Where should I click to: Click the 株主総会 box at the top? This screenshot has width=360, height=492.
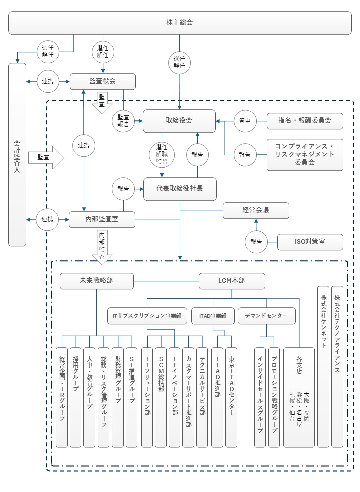point(179,23)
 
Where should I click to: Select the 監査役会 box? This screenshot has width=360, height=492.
point(102,81)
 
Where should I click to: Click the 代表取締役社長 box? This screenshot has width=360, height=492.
point(179,189)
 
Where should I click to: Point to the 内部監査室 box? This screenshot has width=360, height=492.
point(102,219)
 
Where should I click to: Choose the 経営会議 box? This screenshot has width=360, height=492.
point(255,211)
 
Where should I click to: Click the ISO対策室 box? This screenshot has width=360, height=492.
point(310,242)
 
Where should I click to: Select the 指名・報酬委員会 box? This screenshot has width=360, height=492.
point(305,121)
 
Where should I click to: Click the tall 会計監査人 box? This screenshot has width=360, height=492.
point(17,154)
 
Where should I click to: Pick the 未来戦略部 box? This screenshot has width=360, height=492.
point(96,281)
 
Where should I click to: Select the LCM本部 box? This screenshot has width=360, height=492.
point(231,281)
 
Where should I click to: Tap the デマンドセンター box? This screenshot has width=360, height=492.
point(266,316)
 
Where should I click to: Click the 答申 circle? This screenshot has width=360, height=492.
point(245,121)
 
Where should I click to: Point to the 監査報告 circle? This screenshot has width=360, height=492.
point(123,121)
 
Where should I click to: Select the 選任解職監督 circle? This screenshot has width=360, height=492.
point(161,154)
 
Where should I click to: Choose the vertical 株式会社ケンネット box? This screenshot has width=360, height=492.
point(323,366)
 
